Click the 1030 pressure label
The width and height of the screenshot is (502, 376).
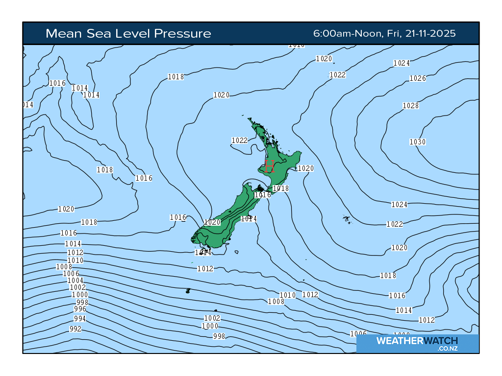[418, 142]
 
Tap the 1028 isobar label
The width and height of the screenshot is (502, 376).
[411, 106]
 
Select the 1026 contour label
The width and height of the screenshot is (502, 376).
[418, 78]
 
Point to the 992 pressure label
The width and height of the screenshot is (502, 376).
[75, 329]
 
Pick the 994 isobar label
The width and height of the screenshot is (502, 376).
[80, 319]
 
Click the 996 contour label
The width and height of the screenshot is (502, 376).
[80, 309]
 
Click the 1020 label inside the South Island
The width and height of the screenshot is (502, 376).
[213, 222]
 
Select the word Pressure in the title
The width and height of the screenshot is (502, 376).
[182, 33]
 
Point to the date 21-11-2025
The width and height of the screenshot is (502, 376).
[431, 33]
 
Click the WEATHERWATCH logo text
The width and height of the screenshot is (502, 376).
[417, 341]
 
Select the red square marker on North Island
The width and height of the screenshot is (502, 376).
[269, 166]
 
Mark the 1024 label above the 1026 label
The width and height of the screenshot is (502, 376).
[402, 63]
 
